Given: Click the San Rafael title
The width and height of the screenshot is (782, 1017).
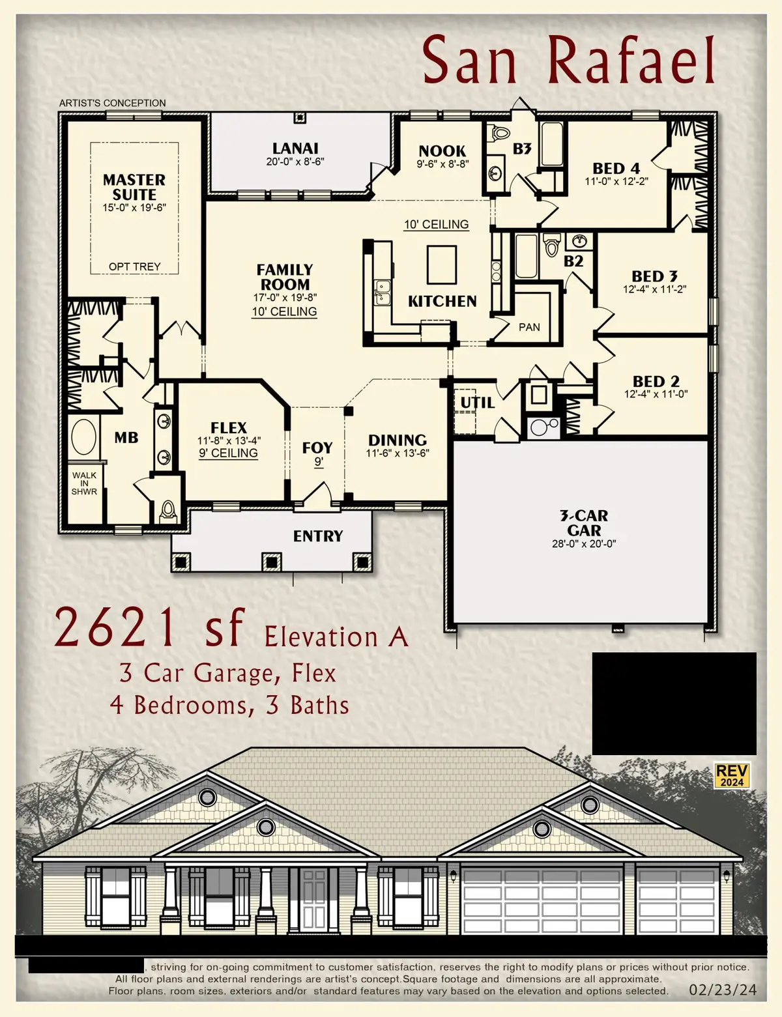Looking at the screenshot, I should pyautogui.click(x=569, y=60).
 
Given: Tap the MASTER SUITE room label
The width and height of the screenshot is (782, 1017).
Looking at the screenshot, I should pyautogui.click(x=134, y=187).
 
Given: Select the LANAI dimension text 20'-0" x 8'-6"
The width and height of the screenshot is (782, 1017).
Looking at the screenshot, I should pyautogui.click(x=295, y=162).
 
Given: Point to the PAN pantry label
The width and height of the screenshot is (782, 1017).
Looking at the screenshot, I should pyautogui.click(x=529, y=327).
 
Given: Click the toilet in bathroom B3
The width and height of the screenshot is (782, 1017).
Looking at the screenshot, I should pyautogui.click(x=500, y=132).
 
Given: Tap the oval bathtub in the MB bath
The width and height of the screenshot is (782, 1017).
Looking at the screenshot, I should pyautogui.click(x=83, y=437).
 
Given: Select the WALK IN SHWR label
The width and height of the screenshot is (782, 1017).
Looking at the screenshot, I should pyautogui.click(x=84, y=483).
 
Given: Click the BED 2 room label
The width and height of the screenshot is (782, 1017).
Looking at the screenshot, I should pyautogui.click(x=656, y=381).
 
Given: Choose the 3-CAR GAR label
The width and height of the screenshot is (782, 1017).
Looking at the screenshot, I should pyautogui.click(x=584, y=523).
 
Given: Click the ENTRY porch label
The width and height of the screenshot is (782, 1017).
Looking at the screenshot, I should pyautogui.click(x=317, y=536).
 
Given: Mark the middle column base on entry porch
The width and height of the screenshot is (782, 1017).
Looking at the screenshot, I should pyautogui.click(x=271, y=561).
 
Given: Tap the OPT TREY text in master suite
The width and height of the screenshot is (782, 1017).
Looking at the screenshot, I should pyautogui.click(x=134, y=266).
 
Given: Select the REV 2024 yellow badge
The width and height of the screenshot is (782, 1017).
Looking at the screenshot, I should pyautogui.click(x=732, y=775).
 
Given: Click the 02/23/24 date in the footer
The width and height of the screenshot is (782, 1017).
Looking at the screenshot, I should pyautogui.click(x=723, y=990).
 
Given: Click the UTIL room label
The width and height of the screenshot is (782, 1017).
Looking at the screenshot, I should pyautogui.click(x=477, y=403).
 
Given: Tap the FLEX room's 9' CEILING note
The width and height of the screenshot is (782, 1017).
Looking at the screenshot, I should pyautogui.click(x=229, y=453).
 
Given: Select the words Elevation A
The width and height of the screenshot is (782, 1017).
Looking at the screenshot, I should pyautogui.click(x=336, y=637).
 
